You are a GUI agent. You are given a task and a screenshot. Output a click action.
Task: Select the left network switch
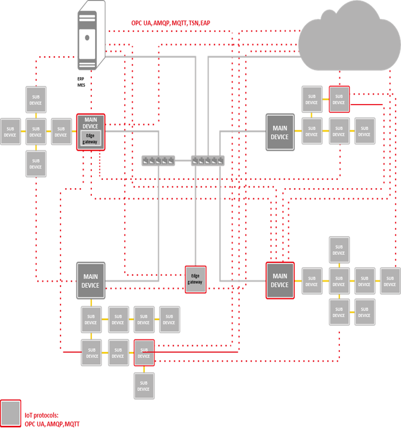158,160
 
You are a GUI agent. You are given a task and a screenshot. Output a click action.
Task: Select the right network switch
207,160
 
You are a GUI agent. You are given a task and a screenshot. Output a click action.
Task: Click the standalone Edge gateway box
195,278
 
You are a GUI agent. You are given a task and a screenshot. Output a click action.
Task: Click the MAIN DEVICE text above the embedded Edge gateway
91,123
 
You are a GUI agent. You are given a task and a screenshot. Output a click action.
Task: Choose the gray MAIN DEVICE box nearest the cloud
279,133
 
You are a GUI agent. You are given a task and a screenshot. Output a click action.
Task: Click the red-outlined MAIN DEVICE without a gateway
279,280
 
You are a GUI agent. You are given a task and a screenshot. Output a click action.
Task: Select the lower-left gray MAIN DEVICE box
90,281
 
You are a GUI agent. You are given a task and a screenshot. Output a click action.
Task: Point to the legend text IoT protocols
41,415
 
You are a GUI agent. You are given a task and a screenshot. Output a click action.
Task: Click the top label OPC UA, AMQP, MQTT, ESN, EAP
170,23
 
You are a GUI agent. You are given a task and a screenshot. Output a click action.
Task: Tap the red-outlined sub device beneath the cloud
339,99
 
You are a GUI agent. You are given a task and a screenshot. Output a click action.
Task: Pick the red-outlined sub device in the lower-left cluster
144,353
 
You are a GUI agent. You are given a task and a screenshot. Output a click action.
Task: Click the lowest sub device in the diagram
144,386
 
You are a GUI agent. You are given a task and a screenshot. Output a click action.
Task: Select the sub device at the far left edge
10,131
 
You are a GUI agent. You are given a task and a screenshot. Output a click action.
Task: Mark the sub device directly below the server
36,100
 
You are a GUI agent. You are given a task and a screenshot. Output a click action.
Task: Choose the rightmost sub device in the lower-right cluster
390,281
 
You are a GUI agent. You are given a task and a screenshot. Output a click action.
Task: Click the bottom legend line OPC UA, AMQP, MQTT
52,424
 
